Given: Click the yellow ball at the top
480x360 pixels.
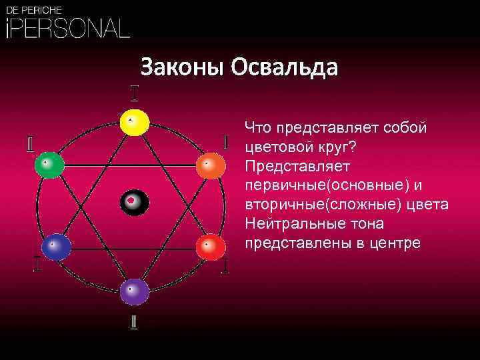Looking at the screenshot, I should point(133,123).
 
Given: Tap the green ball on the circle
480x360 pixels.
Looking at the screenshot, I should point(50,165).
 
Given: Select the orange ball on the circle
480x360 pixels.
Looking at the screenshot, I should point(211,165).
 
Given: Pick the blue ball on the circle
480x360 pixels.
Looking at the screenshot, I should point(56,247).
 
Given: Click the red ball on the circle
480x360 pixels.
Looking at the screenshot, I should point(211,247).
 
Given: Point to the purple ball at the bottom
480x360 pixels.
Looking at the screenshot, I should point(135,291).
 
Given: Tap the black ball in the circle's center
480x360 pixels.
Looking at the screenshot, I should point(133,202).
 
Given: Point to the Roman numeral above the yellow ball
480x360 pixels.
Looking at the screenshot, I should point(134,92).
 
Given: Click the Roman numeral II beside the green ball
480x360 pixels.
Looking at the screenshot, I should point(31,144).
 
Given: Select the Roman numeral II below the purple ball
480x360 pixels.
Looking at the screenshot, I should point(135,321).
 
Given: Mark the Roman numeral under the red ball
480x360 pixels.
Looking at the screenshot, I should point(226,267).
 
